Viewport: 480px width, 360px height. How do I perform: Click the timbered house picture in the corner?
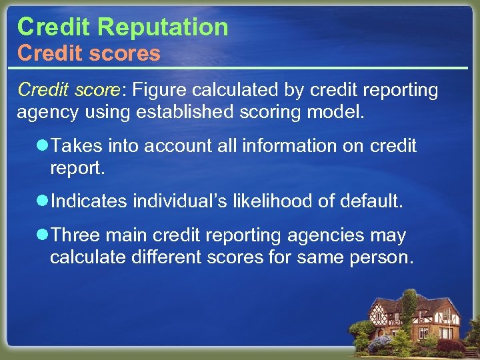[413, 320]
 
